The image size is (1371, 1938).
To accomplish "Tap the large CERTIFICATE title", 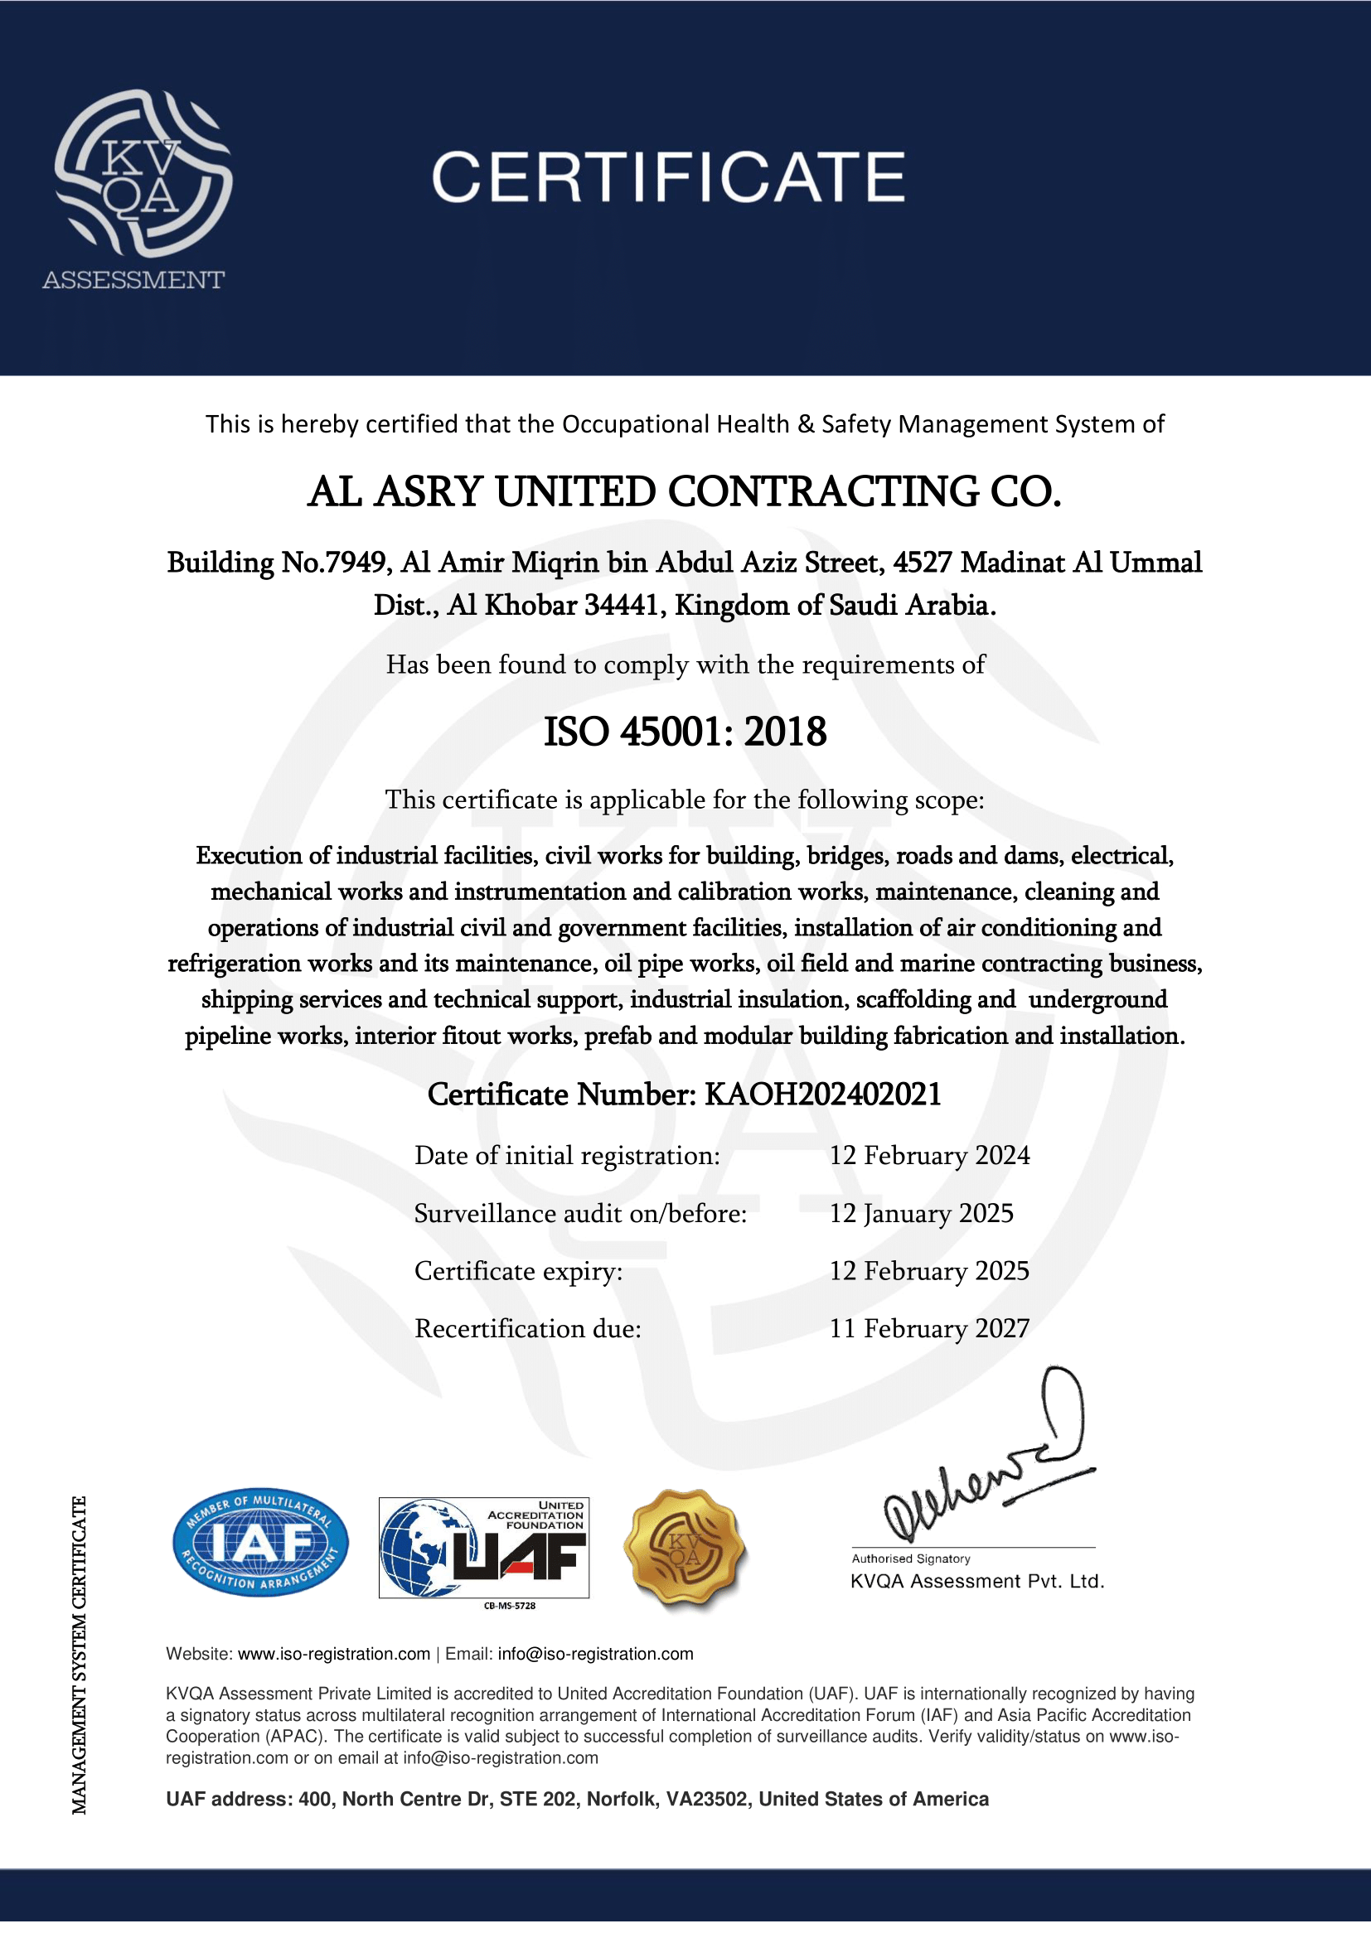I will (668, 177).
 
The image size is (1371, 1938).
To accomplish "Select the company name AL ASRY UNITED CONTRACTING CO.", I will (684, 492).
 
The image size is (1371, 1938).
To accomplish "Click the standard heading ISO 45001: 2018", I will (685, 732).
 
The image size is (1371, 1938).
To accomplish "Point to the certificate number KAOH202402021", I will (822, 1095).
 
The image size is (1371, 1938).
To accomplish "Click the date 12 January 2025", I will (921, 1214).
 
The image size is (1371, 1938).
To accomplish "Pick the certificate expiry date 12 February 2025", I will (928, 1271).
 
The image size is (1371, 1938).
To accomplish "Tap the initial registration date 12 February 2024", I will (929, 1156).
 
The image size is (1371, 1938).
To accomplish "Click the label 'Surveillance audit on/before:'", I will (581, 1214).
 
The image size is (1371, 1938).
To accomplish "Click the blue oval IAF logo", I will (260, 1542).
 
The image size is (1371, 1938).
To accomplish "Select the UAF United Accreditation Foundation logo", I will (484, 1548).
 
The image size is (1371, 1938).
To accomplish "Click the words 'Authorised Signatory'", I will (911, 1559).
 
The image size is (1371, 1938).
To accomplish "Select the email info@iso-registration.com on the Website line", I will (595, 1655).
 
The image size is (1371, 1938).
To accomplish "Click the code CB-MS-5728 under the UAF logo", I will (509, 1606).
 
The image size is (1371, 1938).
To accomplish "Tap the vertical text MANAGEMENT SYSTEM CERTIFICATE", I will (80, 1655).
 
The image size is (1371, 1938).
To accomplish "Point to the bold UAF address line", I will (578, 1800).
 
